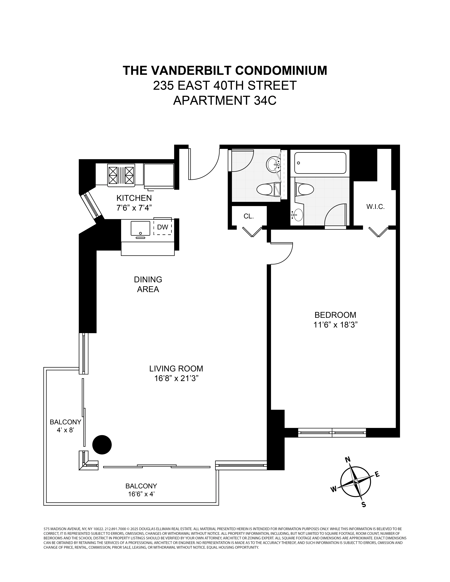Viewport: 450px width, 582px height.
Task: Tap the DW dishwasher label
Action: tap(162, 227)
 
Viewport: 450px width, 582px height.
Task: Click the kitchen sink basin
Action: tap(140, 228)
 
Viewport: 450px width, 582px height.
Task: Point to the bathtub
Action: tap(320, 163)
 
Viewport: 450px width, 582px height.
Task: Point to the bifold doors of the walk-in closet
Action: tap(378, 231)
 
